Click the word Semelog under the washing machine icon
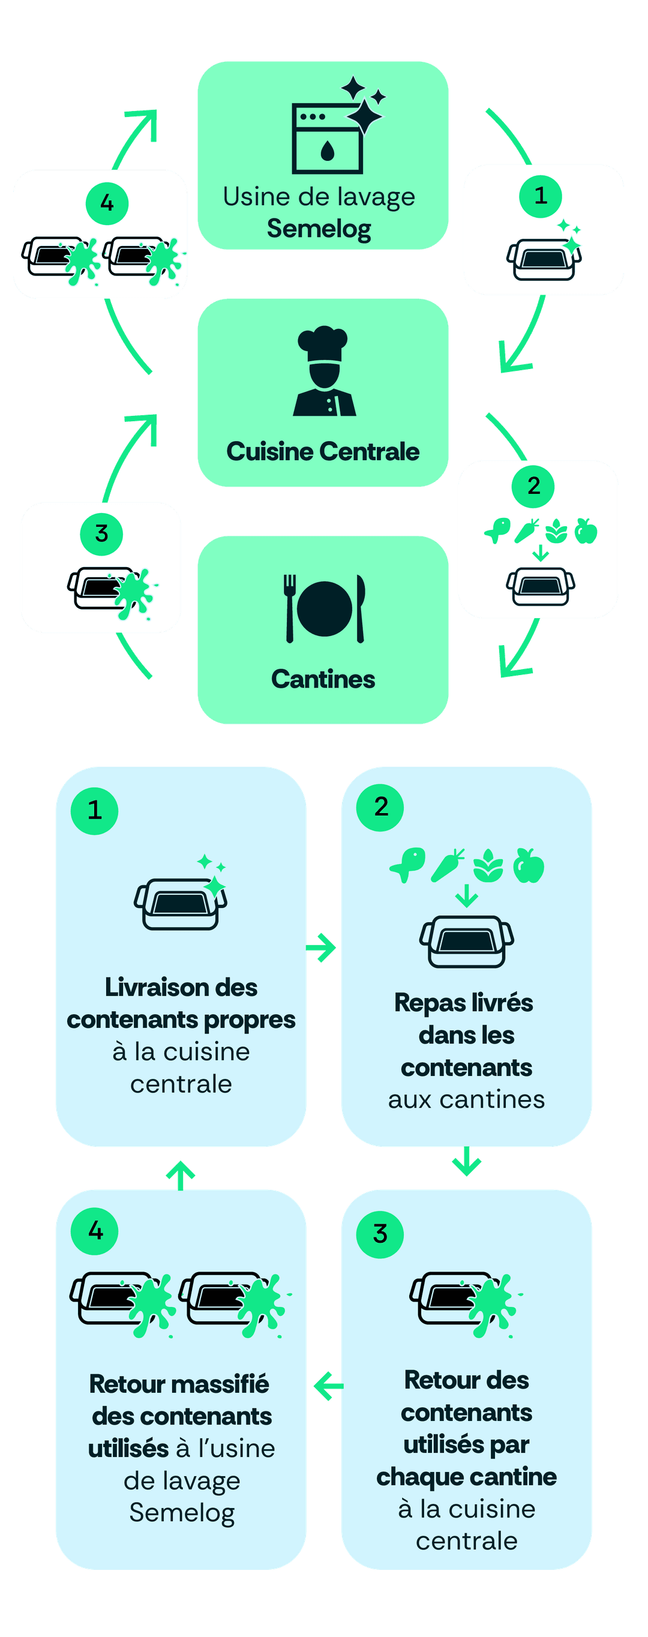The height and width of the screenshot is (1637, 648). [x=319, y=229]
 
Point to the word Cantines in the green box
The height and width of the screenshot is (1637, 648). [x=323, y=679]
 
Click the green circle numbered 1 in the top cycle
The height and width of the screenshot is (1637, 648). [x=541, y=196]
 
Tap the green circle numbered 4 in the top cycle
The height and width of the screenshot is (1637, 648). [x=107, y=203]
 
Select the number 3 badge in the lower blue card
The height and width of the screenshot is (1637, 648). [x=380, y=1234]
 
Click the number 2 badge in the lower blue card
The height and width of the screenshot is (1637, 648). [x=380, y=807]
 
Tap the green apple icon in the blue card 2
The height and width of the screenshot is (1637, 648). [x=529, y=865]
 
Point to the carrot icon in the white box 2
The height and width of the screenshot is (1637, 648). [x=527, y=530]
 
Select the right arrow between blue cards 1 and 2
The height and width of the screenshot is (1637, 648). [x=322, y=948]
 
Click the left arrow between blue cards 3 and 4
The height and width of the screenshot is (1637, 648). [x=327, y=1386]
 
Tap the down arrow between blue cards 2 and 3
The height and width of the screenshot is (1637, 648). [x=466, y=1161]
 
